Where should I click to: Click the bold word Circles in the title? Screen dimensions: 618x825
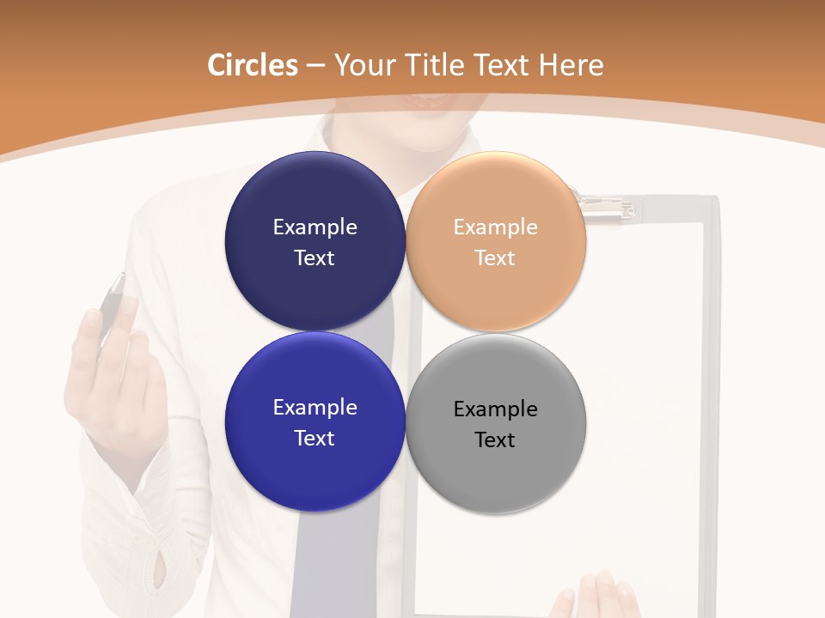[252, 65]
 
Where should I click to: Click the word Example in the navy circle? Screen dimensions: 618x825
[315, 227]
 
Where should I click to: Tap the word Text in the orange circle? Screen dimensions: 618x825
[495, 257]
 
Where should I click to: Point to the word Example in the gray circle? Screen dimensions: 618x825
[496, 409]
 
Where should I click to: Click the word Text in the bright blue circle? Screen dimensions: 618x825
[315, 438]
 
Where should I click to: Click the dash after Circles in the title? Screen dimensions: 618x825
[315, 65]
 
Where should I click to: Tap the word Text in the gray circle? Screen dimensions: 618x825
[495, 439]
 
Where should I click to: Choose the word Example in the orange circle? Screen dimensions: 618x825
[496, 227]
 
